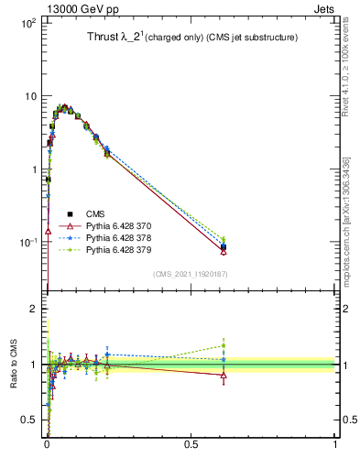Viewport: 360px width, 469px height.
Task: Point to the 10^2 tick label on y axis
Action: click(27, 23)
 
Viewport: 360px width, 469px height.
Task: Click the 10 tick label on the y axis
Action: click(29, 96)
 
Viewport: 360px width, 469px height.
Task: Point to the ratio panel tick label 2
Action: click(33, 310)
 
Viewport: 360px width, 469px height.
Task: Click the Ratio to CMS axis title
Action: click(12, 365)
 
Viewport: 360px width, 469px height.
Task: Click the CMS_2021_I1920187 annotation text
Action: click(190, 273)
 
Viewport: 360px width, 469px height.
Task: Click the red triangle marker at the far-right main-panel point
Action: click(224, 251)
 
